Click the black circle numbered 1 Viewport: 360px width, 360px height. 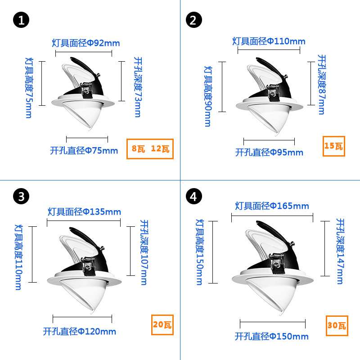pyautogui.click(x=21, y=20)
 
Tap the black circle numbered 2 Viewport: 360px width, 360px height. pyautogui.click(x=194, y=20)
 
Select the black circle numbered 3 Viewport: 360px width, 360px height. pyautogui.click(x=21, y=196)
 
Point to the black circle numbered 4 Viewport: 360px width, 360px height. pyautogui.click(x=194, y=196)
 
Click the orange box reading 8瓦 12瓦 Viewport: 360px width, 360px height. pyautogui.click(x=150, y=149)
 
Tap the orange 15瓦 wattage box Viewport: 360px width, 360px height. pyautogui.click(x=333, y=146)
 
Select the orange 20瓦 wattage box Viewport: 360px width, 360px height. pyautogui.click(x=162, y=324)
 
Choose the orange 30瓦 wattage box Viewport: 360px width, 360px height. pyautogui.click(x=337, y=325)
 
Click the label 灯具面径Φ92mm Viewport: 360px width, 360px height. pyautogui.click(x=85, y=43)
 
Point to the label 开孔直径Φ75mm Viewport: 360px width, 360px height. pyautogui.click(x=84, y=151)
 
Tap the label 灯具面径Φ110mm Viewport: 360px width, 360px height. pyautogui.click(x=269, y=41)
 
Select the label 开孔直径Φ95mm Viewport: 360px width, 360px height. pyautogui.click(x=269, y=152)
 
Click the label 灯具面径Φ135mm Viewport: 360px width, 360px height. pyautogui.click(x=84, y=211)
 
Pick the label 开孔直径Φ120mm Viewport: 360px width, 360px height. pyautogui.click(x=80, y=331)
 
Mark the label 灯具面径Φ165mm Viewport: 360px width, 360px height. pyautogui.click(x=272, y=206)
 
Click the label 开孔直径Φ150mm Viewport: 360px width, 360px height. pyautogui.click(x=271, y=336)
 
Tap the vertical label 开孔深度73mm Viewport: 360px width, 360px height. pyautogui.click(x=138, y=87)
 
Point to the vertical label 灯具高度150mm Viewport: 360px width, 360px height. pyautogui.click(x=199, y=252)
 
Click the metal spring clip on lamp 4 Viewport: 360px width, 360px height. pyautogui.click(x=278, y=263)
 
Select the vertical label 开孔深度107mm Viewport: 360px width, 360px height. pyautogui.click(x=144, y=252)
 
